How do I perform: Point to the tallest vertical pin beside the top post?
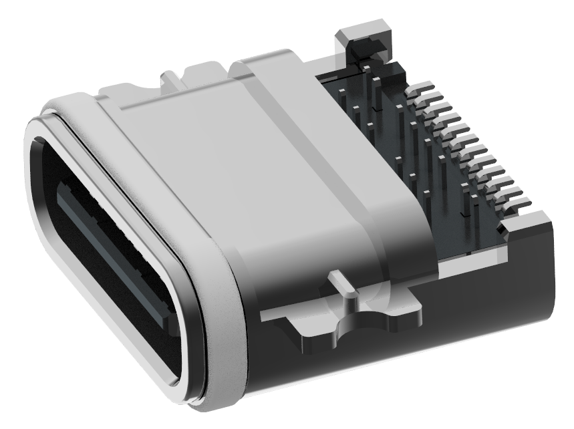378,94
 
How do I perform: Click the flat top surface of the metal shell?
221,154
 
